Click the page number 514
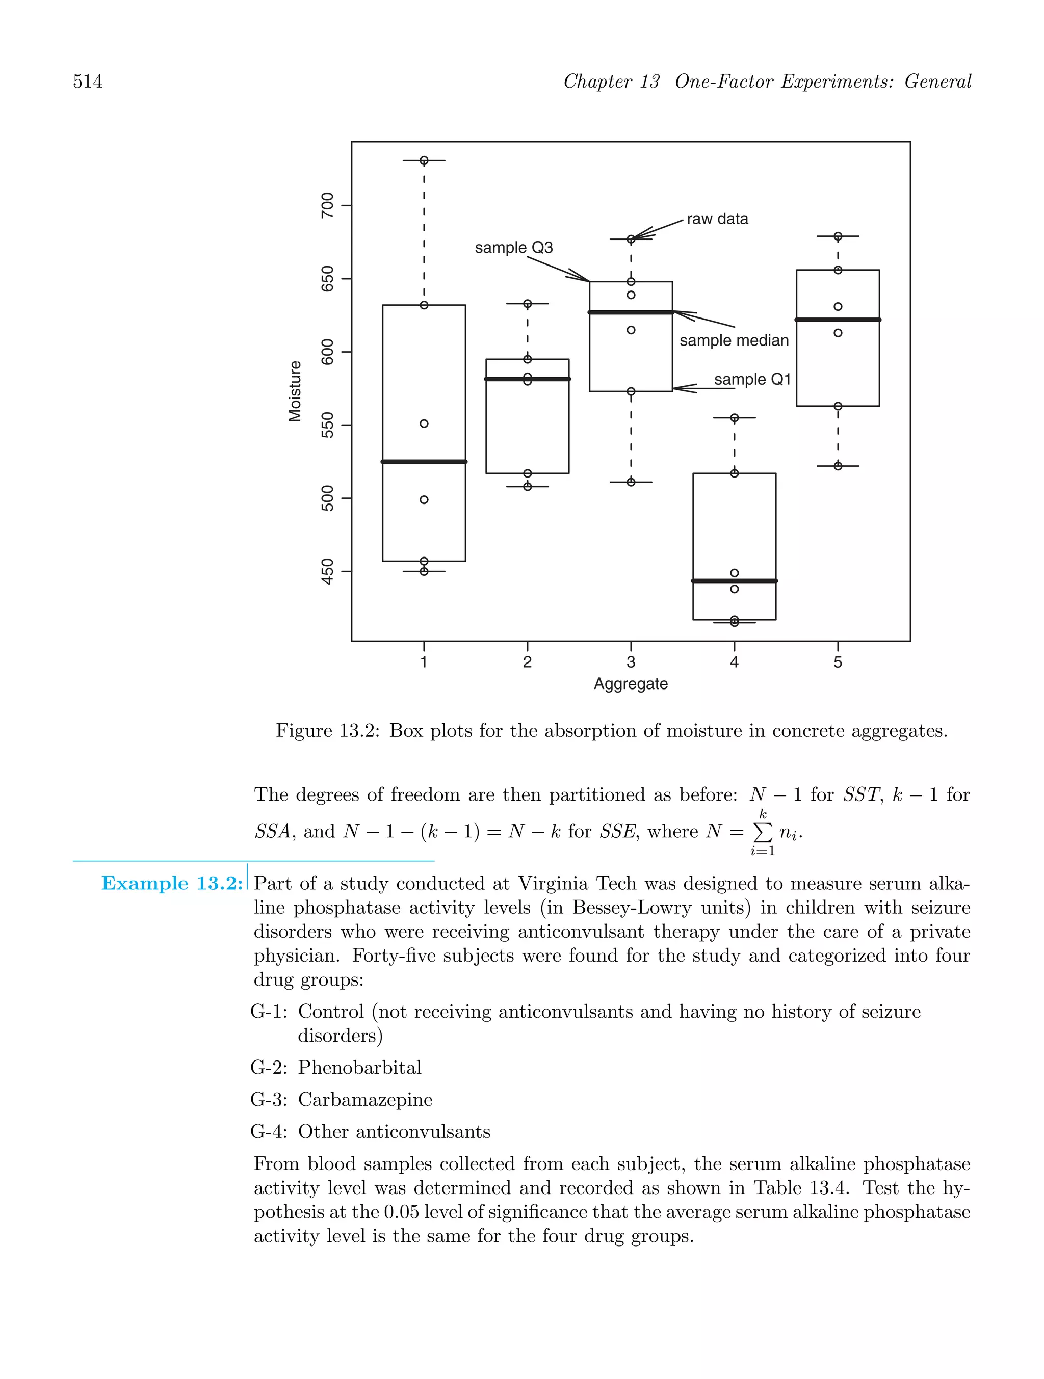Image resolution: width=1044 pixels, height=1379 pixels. tap(88, 82)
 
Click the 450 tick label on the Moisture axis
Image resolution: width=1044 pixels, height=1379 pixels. tap(327, 571)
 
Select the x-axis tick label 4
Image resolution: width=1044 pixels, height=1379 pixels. tap(734, 662)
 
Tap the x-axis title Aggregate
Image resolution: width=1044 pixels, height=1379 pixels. tap(631, 684)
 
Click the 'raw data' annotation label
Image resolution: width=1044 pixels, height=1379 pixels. tap(717, 219)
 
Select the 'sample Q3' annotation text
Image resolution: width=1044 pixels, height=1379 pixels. tap(514, 248)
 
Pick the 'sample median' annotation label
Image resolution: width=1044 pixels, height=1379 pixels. tap(734, 340)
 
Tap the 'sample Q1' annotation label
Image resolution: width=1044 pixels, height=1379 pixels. tap(752, 379)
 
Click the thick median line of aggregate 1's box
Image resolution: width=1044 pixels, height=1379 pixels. tap(424, 461)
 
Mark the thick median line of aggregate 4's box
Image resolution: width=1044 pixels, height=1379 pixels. tap(734, 581)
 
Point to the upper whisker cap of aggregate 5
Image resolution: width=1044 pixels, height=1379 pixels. tap(838, 236)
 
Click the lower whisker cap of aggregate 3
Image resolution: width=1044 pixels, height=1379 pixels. tap(631, 482)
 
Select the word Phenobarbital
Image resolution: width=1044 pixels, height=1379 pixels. tap(360, 1067)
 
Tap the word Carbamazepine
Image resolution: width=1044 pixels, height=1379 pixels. tap(365, 1099)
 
